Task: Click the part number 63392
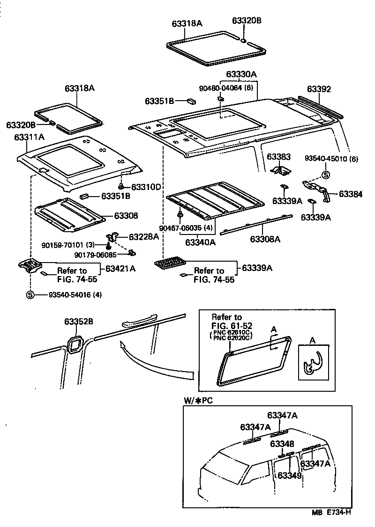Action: tap(319, 89)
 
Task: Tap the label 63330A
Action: tap(241, 74)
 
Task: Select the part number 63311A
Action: tap(29, 137)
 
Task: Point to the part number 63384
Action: tap(351, 194)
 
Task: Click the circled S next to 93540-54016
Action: tap(30, 295)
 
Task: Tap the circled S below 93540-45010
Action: tap(324, 175)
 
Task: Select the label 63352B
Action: tap(79, 322)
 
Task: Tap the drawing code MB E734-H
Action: tap(331, 512)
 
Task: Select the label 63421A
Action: tap(120, 269)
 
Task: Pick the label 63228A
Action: tap(143, 237)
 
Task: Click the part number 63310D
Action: tap(146, 187)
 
